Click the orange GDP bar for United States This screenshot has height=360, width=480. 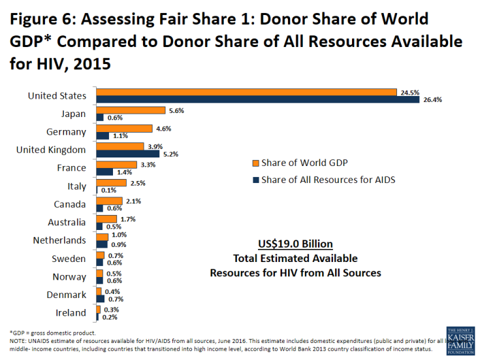(x=246, y=92)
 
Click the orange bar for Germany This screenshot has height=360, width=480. (x=124, y=128)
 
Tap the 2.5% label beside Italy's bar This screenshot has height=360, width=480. (x=137, y=184)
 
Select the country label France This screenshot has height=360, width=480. (x=72, y=168)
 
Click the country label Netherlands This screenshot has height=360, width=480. (x=59, y=240)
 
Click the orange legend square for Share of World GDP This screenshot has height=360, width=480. (x=255, y=163)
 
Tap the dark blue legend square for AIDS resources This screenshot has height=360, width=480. (x=255, y=180)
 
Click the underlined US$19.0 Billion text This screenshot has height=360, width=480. (x=295, y=244)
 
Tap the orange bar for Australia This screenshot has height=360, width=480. (x=106, y=219)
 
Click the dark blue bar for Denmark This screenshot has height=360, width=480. (x=100, y=299)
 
